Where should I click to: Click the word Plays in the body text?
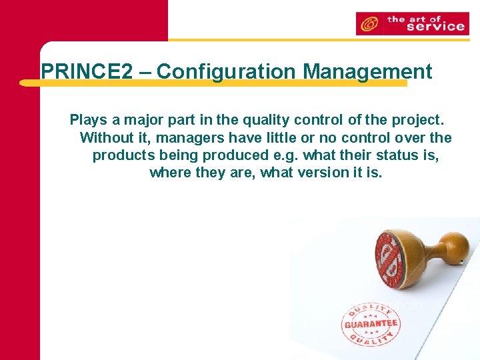88,121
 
